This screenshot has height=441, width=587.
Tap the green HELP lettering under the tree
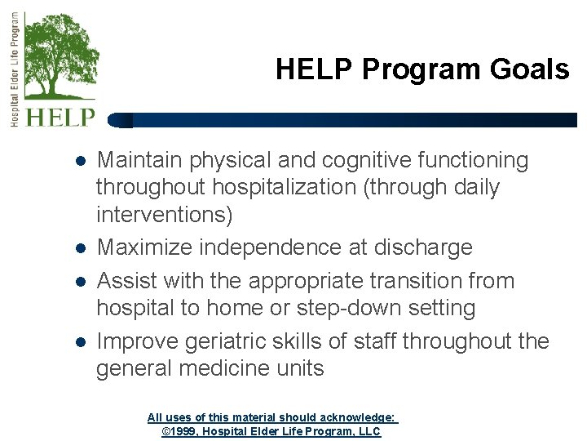[x=60, y=117]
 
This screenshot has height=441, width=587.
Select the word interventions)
[x=164, y=216]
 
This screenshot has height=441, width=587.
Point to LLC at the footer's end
[x=369, y=431]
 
